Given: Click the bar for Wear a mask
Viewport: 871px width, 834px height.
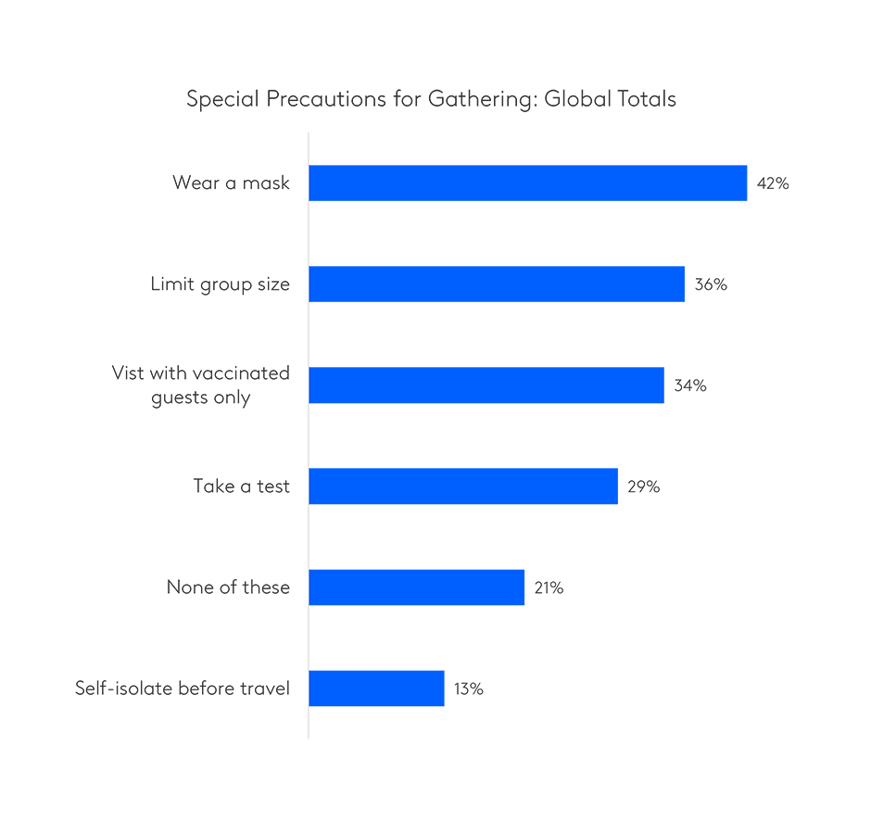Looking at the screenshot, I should (527, 183).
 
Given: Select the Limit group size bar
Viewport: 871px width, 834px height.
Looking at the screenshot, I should (497, 284).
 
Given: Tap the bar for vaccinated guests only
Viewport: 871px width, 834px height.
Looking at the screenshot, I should (486, 385).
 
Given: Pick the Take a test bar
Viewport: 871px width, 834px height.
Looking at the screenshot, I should (463, 486).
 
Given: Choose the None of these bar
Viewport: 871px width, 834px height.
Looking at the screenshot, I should (416, 588).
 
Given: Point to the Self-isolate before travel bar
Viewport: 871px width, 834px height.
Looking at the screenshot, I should (376, 689).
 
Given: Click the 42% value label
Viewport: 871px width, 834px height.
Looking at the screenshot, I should (773, 183).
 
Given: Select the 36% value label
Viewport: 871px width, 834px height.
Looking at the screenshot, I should (711, 284).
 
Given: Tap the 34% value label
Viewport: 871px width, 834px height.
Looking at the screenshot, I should (690, 385).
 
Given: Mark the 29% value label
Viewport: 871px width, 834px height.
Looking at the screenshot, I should (644, 486).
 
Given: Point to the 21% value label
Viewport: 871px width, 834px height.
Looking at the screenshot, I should (549, 588).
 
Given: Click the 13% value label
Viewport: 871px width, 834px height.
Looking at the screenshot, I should (468, 689).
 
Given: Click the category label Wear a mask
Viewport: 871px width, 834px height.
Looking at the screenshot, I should (231, 183).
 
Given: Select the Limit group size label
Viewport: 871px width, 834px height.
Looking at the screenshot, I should (221, 284).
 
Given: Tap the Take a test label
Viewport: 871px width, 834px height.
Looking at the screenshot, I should (242, 486).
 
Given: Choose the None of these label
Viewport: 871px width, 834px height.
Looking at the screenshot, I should (228, 588).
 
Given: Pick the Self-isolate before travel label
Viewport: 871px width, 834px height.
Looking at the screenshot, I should (183, 689).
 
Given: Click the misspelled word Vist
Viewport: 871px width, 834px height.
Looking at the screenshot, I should (128, 373).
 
